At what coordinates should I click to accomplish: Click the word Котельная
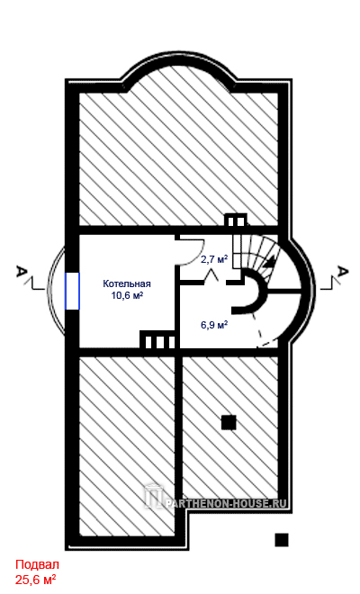127,283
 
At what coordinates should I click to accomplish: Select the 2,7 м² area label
214,259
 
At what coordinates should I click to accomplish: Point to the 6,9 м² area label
214,325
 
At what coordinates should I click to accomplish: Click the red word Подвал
38,565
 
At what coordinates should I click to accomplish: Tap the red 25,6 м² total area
36,579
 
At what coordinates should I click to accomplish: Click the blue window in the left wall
72,291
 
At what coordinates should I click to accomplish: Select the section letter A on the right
343,272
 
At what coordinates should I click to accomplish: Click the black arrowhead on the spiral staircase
269,261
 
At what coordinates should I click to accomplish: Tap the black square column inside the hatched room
229,422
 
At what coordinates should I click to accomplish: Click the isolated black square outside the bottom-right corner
282,540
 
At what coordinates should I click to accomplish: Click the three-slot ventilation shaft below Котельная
158,340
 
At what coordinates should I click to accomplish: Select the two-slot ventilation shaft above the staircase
236,220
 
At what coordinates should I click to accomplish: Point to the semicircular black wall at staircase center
254,293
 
